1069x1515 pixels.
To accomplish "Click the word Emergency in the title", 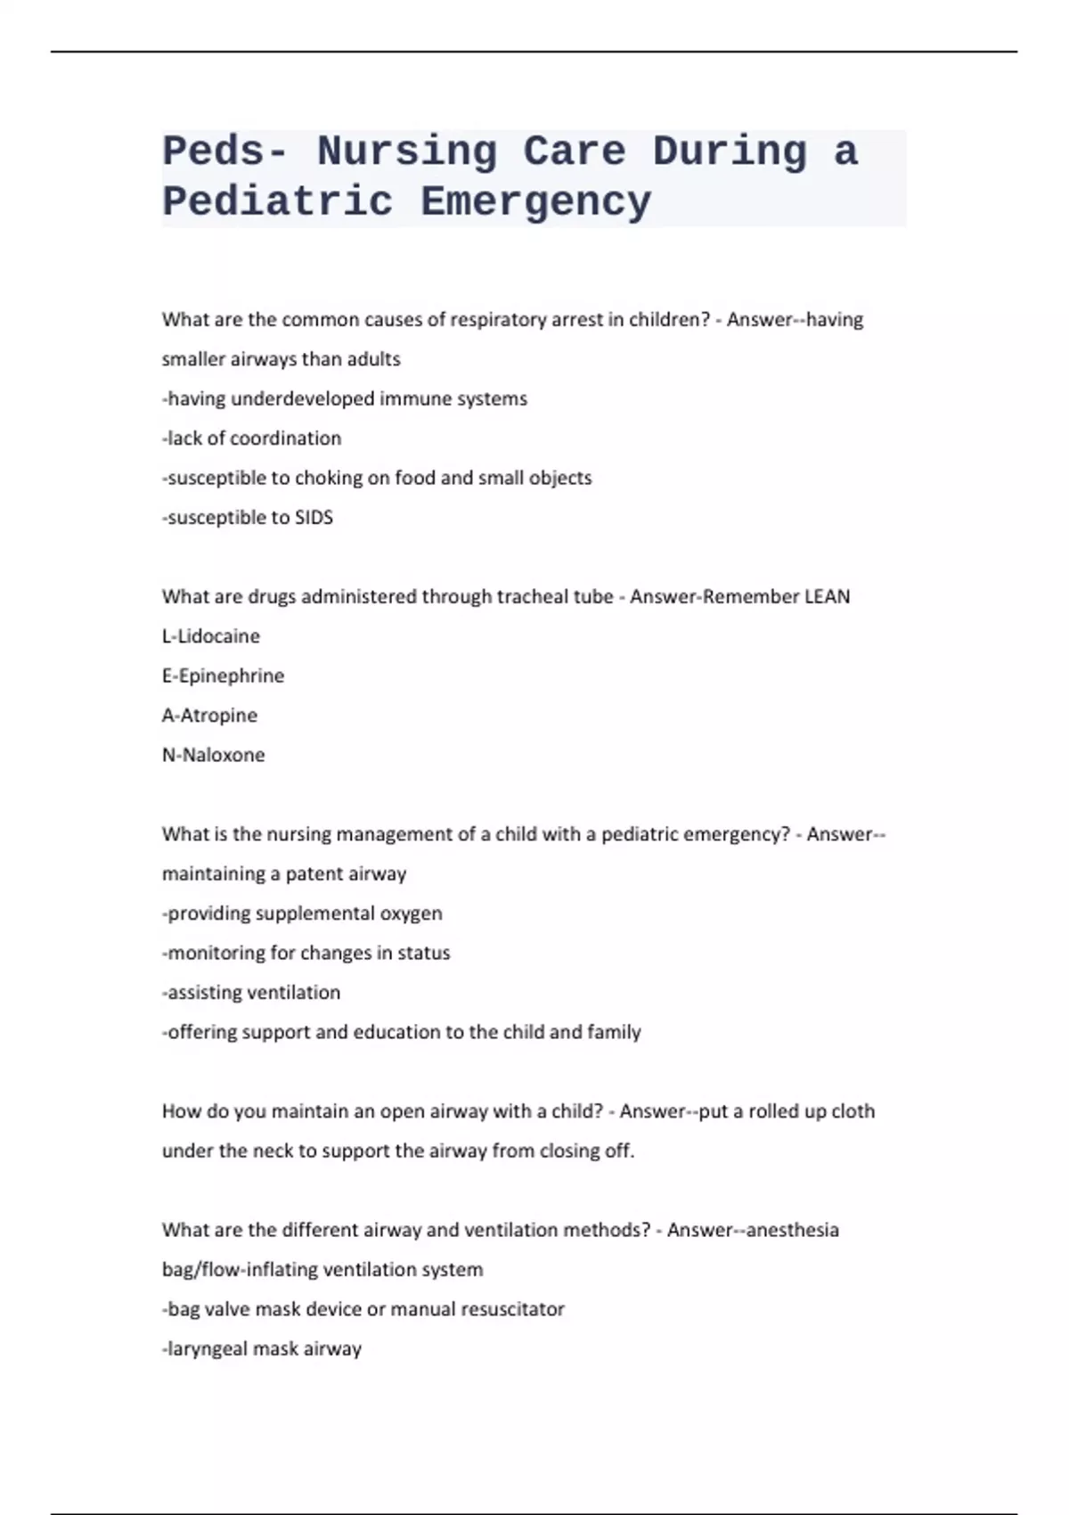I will [535, 201].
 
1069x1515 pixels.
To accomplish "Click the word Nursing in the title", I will [407, 151].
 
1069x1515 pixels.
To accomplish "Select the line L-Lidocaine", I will [211, 636].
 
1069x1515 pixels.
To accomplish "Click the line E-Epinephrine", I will [223, 676].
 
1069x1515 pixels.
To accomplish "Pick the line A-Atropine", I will [209, 715].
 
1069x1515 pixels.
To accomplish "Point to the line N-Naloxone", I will [213, 755].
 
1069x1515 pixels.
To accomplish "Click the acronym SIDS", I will [314, 518].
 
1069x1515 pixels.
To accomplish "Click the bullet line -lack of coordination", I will [251, 438].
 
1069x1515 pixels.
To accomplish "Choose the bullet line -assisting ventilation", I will [251, 993].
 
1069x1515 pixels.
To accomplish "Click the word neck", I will [273, 1151].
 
